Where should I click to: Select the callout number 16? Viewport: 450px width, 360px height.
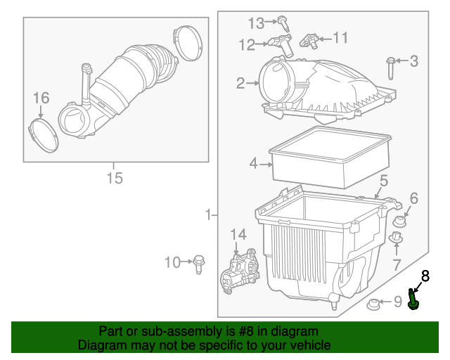pyautogui.click(x=41, y=97)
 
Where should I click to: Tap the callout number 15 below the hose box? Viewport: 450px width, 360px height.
pyautogui.click(x=114, y=178)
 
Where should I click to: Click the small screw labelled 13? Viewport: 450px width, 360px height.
pyautogui.click(x=282, y=20)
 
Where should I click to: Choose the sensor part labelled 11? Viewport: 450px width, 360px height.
pyautogui.click(x=309, y=39)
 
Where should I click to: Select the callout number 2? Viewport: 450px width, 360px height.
pyautogui.click(x=240, y=84)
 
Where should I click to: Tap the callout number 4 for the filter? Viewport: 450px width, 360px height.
pyautogui.click(x=253, y=165)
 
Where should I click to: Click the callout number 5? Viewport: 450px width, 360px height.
pyautogui.click(x=384, y=181)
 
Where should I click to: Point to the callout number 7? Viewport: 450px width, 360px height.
pyautogui.click(x=397, y=264)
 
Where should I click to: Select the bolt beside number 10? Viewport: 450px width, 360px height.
pyautogui.click(x=199, y=264)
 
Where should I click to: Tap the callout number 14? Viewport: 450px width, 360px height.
pyautogui.click(x=239, y=235)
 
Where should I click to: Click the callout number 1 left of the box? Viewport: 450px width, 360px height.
pyautogui.click(x=208, y=214)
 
